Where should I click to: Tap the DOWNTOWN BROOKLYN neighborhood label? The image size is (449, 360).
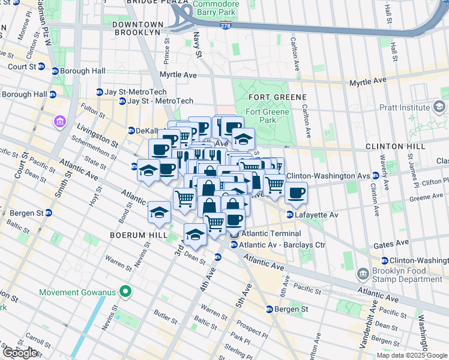click(136, 28)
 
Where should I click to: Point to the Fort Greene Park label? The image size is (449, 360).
click(270, 116)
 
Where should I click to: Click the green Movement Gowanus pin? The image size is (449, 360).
click(125, 292)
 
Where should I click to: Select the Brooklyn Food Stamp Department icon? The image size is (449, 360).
click(363, 275)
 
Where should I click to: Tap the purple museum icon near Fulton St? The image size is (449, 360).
click(60, 122)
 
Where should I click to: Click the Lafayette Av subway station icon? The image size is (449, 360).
click(289, 214)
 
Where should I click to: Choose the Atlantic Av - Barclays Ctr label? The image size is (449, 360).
click(282, 245)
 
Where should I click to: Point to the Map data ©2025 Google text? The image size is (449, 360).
click(411, 355)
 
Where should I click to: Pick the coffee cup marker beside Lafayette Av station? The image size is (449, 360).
click(296, 193)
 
